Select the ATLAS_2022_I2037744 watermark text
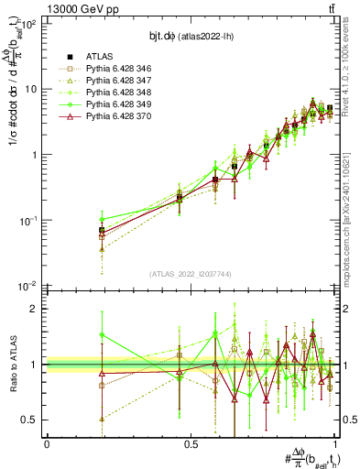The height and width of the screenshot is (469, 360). coord(190,274)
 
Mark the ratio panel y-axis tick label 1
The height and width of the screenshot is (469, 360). coord(37,365)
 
